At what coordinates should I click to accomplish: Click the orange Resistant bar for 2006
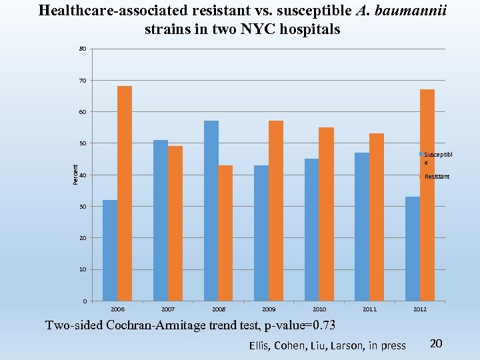(x=125, y=193)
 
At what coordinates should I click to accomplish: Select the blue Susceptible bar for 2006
(x=110, y=250)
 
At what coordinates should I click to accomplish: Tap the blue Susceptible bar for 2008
(x=211, y=211)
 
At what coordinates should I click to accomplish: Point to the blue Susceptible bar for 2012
(x=413, y=249)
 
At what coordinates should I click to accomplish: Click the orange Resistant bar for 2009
(x=276, y=211)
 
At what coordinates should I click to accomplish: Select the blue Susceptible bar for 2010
(x=311, y=229)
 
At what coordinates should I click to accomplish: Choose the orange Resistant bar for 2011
(x=377, y=217)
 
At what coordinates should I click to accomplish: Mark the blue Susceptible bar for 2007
(x=161, y=220)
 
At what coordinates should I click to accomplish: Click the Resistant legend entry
(x=437, y=177)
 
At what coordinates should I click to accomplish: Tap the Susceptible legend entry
(x=437, y=158)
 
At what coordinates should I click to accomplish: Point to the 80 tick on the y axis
(x=83, y=49)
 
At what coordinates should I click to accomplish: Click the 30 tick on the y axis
(x=83, y=207)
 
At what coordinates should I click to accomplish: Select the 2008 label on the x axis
(x=219, y=309)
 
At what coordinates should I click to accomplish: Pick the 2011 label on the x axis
(x=369, y=309)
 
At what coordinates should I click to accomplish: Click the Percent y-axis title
(x=75, y=175)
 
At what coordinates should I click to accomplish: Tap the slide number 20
(x=436, y=343)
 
